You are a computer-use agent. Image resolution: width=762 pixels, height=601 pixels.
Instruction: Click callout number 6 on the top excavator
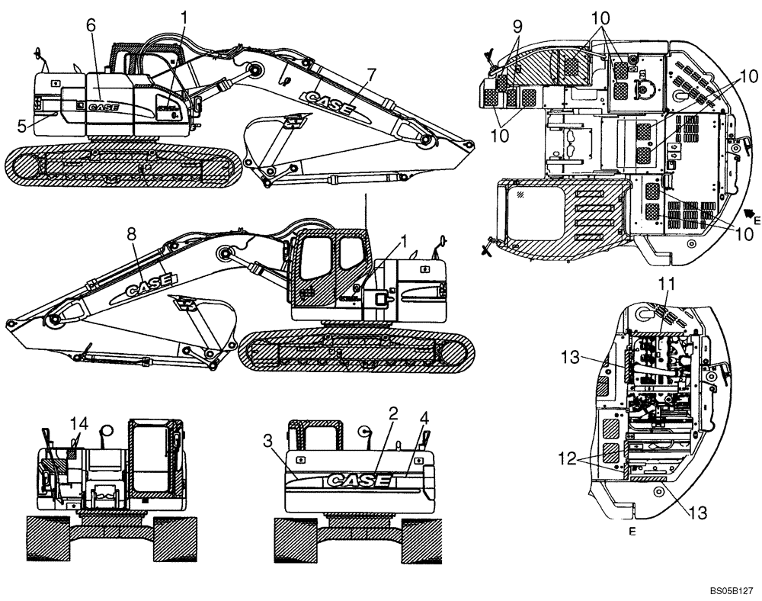(x=91, y=25)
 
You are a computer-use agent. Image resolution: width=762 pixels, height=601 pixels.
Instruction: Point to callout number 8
(x=131, y=236)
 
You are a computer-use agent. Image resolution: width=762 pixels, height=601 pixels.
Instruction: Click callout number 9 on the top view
(x=517, y=26)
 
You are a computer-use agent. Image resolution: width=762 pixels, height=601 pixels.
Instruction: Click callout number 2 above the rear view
(x=393, y=413)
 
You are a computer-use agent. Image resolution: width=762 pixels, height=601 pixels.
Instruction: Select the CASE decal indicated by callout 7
(x=328, y=103)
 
